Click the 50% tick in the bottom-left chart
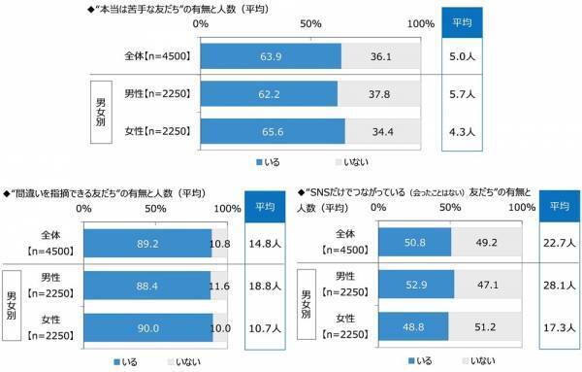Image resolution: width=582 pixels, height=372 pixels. click(x=155, y=209)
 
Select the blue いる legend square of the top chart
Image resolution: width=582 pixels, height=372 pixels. click(x=260, y=160)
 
